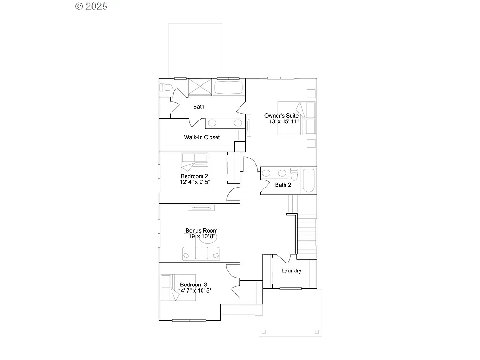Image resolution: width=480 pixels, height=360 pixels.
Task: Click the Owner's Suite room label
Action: (281, 115)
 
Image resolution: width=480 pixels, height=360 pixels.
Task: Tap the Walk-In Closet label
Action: (202, 137)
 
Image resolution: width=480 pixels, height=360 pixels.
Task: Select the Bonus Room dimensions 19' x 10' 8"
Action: (202, 237)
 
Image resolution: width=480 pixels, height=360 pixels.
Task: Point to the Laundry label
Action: (291, 271)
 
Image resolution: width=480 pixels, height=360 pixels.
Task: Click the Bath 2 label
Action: (283, 185)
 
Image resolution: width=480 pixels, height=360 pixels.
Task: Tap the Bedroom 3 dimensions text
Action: (195, 291)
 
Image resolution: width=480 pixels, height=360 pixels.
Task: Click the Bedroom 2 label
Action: (194, 176)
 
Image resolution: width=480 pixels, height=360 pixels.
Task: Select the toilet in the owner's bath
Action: (166, 88)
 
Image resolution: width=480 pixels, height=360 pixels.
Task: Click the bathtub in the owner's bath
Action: (229, 88)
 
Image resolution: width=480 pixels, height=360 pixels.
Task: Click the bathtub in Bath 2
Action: (308, 181)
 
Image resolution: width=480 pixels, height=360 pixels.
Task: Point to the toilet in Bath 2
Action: (294, 174)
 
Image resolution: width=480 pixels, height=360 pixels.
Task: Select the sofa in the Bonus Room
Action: (201, 254)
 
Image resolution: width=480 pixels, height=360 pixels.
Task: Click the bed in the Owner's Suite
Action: (297, 118)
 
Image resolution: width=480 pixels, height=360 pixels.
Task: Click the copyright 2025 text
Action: (91, 6)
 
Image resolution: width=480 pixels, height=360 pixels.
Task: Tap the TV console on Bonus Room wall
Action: (202, 208)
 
